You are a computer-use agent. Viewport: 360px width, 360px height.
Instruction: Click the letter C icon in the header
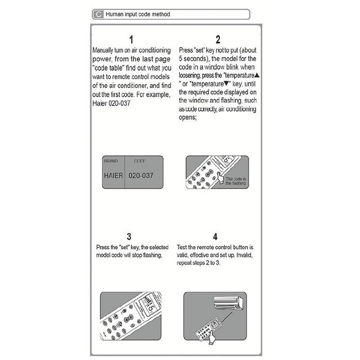(x=98, y=14)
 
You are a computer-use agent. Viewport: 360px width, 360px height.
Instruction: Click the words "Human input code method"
(x=138, y=14)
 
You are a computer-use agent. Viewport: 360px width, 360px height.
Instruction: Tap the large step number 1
(x=131, y=40)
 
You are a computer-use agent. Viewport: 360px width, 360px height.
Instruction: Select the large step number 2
(x=218, y=40)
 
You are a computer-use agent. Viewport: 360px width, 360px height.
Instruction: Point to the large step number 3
(x=129, y=237)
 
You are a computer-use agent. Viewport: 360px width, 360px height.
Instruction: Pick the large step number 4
(x=215, y=237)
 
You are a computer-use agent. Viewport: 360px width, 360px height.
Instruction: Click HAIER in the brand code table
(x=113, y=175)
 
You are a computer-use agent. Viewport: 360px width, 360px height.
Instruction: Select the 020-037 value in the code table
(x=141, y=175)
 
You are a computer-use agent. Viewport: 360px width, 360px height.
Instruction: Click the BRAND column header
(x=111, y=161)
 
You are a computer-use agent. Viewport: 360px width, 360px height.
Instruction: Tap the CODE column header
(x=139, y=161)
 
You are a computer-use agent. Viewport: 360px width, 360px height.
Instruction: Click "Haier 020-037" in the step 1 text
(x=111, y=103)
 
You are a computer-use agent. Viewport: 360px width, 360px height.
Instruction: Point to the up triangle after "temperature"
(x=257, y=75)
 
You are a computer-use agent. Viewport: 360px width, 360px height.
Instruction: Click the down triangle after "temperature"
(x=226, y=84)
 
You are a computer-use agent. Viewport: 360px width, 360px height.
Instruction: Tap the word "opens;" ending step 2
(x=188, y=117)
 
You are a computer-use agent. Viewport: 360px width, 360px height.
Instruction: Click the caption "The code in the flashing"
(x=235, y=181)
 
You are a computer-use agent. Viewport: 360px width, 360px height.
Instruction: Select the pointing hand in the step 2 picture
(x=220, y=177)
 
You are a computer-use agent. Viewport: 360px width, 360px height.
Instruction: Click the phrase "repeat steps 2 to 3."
(x=198, y=263)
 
